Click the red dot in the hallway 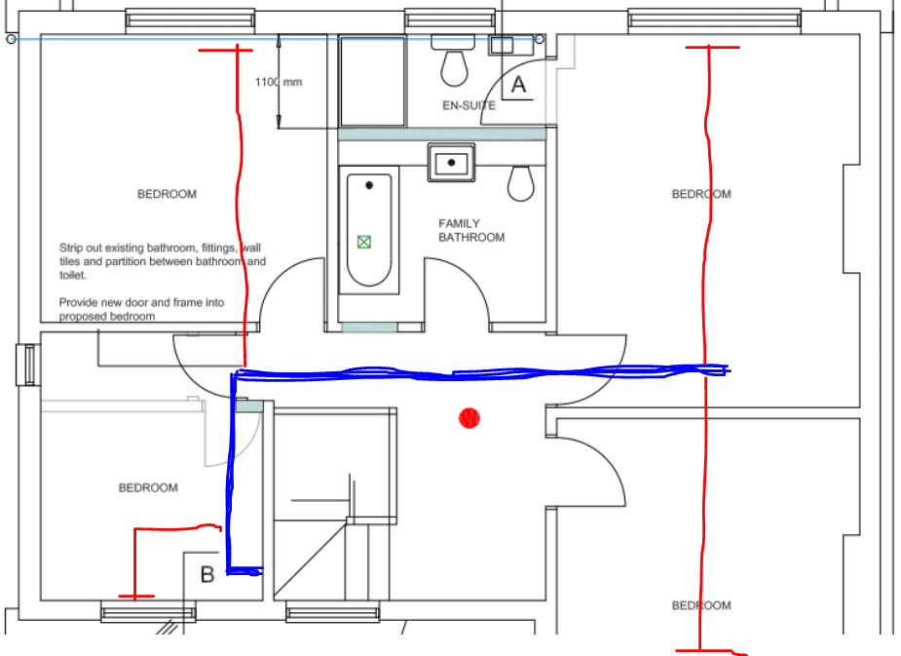click(469, 418)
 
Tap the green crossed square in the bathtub click(363, 242)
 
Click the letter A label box click(518, 85)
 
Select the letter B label click(207, 574)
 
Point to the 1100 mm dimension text click(279, 82)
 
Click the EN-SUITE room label click(469, 105)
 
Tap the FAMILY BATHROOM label click(471, 231)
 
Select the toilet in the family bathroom click(521, 183)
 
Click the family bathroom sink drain click(451, 163)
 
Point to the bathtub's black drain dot click(369, 185)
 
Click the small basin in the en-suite click(501, 46)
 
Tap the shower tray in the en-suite click(373, 81)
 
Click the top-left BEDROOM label click(167, 194)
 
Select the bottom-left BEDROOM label click(148, 488)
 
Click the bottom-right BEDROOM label click(701, 605)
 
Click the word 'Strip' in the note click(71, 249)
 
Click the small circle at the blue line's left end click(11, 39)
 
